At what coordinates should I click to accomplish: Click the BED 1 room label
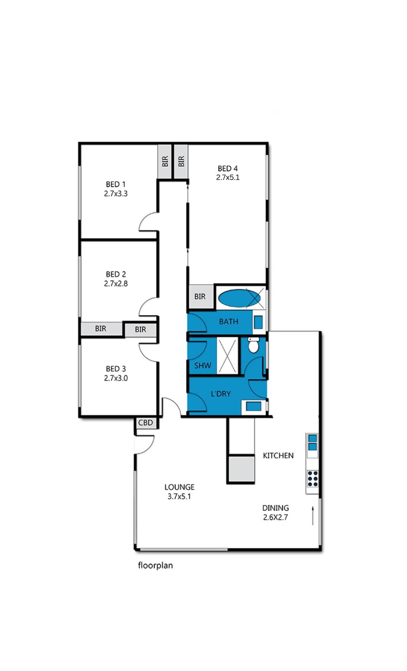point(116,184)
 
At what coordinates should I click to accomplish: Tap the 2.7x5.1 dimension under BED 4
point(228,177)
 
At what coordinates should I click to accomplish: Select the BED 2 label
point(116,274)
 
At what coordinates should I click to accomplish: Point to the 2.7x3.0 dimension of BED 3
point(116,378)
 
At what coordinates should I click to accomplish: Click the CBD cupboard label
point(145,422)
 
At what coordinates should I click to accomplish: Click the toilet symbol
point(253,345)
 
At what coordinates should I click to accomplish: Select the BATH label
point(229,322)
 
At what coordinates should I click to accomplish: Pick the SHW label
point(202,365)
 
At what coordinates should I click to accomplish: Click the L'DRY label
point(221,394)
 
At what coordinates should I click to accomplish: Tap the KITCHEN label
point(278,456)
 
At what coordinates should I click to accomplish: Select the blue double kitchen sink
point(313,442)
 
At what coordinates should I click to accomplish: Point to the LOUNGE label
point(179,487)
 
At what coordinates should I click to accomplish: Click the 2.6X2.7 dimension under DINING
point(275,517)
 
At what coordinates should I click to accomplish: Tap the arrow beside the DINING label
point(313,515)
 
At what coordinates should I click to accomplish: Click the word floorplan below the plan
point(155,565)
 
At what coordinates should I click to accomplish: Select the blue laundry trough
point(254,406)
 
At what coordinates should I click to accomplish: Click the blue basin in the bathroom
point(258,322)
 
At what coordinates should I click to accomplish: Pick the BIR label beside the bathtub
point(200,297)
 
